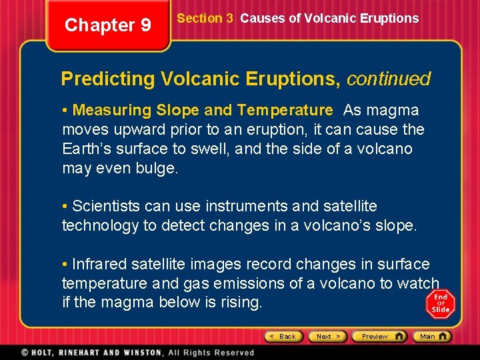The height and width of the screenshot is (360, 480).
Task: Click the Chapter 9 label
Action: coord(108,25)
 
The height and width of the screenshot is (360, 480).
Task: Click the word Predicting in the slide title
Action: coord(107,79)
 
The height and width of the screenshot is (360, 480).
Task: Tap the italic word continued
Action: coord(389,79)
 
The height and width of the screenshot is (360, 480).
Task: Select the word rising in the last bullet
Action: coord(238,303)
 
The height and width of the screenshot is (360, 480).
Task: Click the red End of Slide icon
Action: coord(441,303)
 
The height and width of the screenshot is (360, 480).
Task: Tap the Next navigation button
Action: coord(328,337)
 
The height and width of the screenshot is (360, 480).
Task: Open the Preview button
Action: coord(379,337)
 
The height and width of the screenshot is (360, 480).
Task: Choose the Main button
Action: coord(431,337)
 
